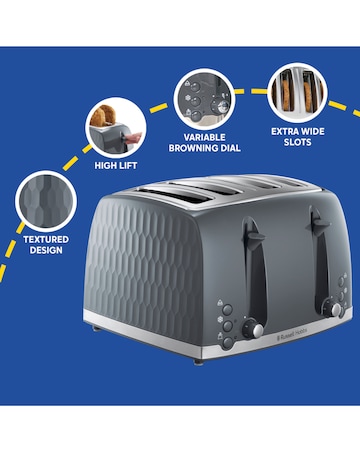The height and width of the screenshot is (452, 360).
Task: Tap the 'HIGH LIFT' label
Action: pyautogui.click(x=116, y=165)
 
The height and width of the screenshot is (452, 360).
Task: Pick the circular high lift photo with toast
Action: pyautogui.click(x=113, y=125)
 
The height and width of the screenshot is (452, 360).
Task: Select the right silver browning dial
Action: pyautogui.click(x=337, y=311)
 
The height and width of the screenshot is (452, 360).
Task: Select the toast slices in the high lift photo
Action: pyautogui.click(x=101, y=119)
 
